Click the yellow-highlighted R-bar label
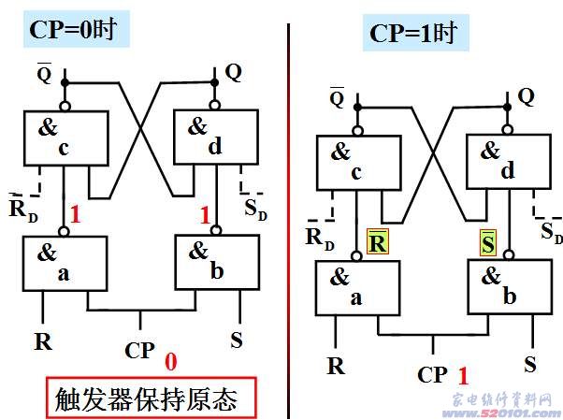click(377, 242)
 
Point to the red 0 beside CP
click(170, 361)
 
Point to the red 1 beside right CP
click(461, 376)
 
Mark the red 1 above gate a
click(76, 215)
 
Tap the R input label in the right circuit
click(336, 365)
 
